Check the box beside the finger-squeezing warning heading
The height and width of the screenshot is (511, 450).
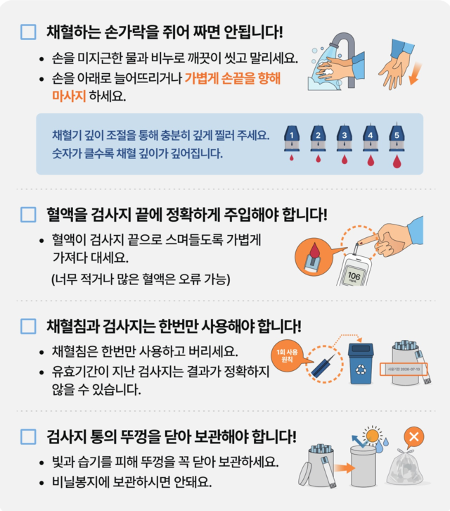click(28, 32)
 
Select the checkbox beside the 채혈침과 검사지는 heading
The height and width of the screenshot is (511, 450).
click(28, 326)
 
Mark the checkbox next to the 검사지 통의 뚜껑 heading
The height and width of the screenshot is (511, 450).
click(28, 437)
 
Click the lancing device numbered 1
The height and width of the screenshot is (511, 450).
click(290, 135)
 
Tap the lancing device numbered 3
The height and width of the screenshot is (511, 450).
click(344, 135)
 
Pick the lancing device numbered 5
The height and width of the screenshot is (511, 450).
click(397, 135)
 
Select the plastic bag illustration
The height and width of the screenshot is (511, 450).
click(407, 467)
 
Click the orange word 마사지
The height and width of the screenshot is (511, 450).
click(69, 96)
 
